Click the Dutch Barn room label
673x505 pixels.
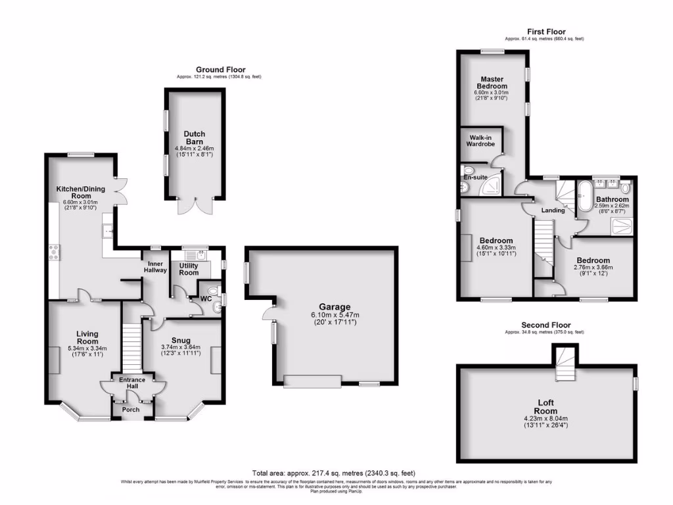(194, 137)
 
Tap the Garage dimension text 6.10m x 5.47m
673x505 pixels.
(335, 315)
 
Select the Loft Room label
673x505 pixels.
(547, 404)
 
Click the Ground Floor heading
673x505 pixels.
(220, 70)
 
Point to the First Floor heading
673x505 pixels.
(545, 32)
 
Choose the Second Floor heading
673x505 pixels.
(545, 325)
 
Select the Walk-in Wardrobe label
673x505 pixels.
(480, 139)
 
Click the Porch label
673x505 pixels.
(131, 410)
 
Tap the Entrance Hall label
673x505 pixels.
(131, 383)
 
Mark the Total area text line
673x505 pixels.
(334, 473)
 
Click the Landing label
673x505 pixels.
(552, 210)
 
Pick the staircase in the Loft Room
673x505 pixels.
(564, 366)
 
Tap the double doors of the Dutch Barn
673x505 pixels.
(193, 205)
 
